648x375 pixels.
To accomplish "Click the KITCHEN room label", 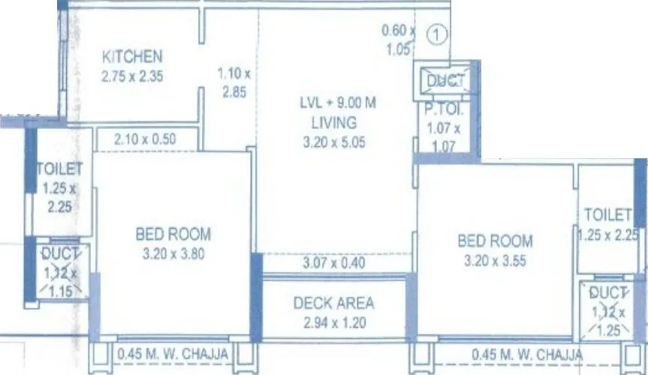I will pyautogui.click(x=133, y=57).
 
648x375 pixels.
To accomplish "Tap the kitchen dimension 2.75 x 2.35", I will pyautogui.click(x=133, y=75).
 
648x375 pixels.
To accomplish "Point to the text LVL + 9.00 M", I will pyautogui.click(x=334, y=106).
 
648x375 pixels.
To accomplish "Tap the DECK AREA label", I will pyautogui.click(x=333, y=304).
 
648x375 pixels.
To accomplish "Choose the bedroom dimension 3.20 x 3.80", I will pyautogui.click(x=173, y=253).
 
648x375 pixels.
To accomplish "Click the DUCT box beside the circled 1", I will pyautogui.click(x=447, y=80).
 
